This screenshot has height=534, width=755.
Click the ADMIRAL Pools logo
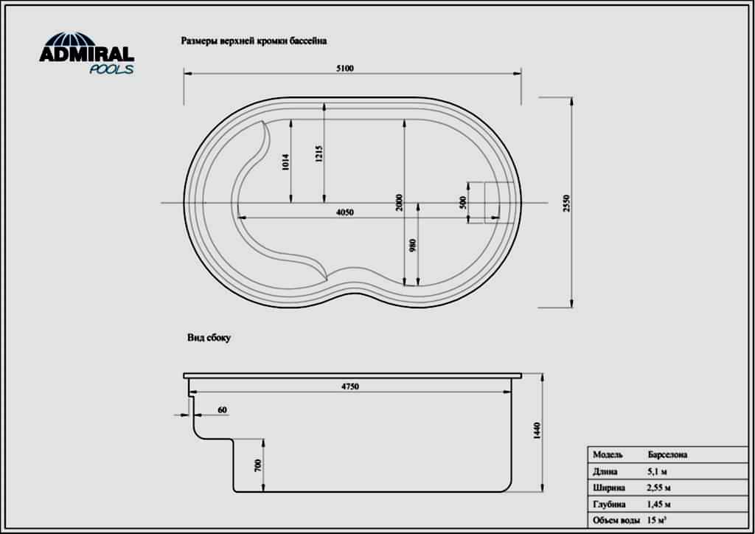pyautogui.click(x=87, y=53)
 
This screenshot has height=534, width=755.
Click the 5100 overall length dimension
pyautogui.click(x=345, y=69)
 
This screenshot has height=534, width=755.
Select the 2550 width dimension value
pyautogui.click(x=567, y=203)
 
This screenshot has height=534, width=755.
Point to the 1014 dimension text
pyautogui.click(x=285, y=162)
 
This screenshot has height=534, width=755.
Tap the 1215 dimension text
pyautogui.click(x=319, y=154)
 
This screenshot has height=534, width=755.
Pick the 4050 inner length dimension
pyautogui.click(x=345, y=212)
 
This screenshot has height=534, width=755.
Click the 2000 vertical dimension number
pyautogui.click(x=399, y=202)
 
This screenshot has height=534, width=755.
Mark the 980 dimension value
pyautogui.click(x=413, y=245)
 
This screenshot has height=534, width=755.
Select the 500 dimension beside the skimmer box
pyautogui.click(x=463, y=202)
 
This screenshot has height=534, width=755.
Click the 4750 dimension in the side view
pyautogui.click(x=350, y=386)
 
